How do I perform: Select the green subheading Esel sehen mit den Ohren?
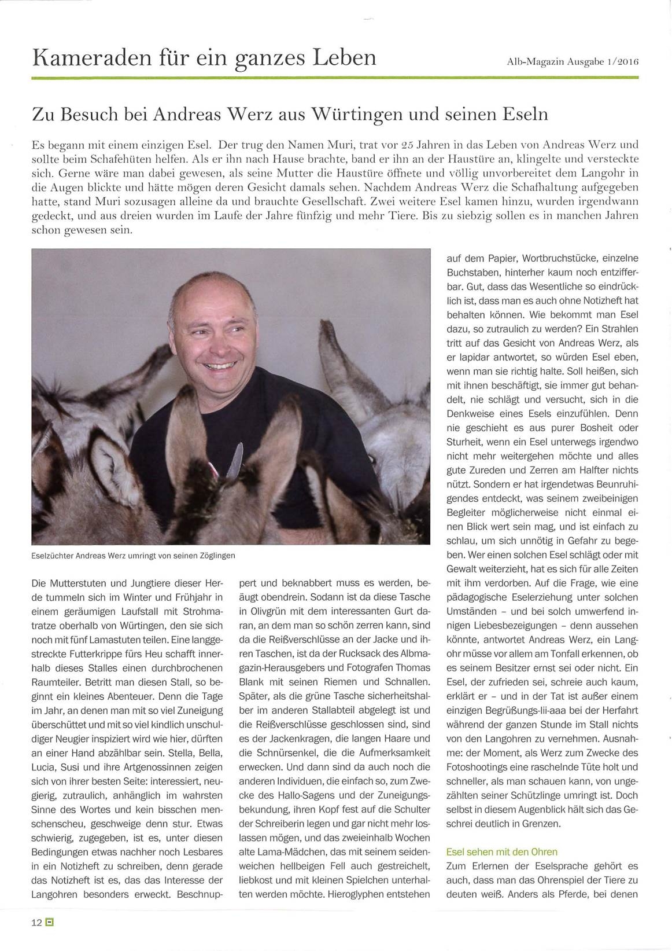pyautogui.click(x=501, y=851)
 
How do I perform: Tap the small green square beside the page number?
pyautogui.click(x=49, y=923)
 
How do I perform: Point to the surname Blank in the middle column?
pyautogui.click(x=252, y=682)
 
